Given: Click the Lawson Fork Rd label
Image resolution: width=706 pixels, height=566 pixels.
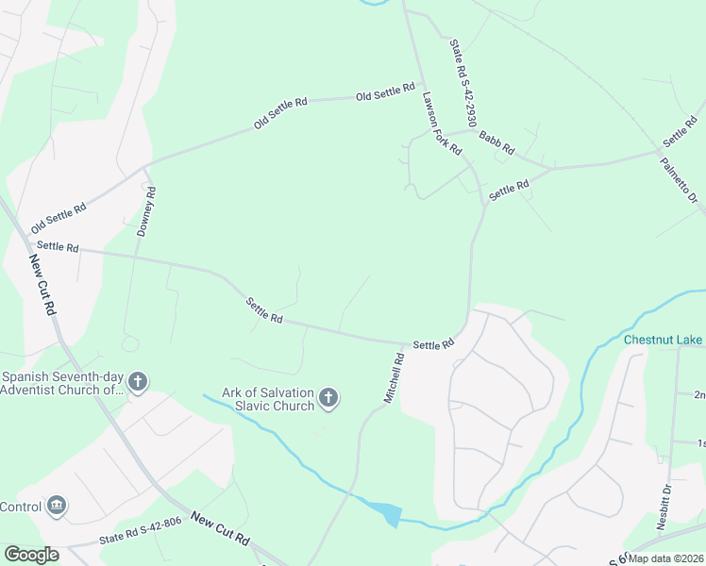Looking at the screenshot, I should (442, 124).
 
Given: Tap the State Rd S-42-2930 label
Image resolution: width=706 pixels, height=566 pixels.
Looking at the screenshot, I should (462, 83).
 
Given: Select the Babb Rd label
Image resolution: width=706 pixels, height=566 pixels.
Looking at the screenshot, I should (496, 142).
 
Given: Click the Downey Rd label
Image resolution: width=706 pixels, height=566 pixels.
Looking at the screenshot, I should (146, 211).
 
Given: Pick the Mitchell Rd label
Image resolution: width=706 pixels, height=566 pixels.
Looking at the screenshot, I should (394, 378).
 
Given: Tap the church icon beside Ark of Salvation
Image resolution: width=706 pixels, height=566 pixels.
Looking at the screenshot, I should (328, 398).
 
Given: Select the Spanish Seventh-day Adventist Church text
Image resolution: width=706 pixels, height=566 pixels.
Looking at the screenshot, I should (62, 381).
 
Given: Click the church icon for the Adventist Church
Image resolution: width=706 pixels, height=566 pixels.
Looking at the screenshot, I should (138, 382).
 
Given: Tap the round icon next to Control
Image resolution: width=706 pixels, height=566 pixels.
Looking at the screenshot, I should (57, 506).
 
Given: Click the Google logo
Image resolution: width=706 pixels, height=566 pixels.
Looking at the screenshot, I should (31, 555).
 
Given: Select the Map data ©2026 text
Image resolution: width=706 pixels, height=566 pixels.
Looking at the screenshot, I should (666, 558).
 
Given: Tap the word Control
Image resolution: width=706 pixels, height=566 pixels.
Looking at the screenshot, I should (21, 507).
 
